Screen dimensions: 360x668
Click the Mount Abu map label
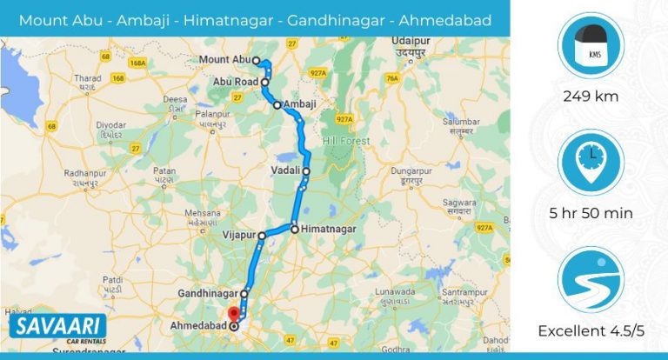tap(224, 59)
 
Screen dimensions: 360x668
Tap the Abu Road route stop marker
tap(264, 82)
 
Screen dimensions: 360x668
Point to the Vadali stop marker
tap(306, 171)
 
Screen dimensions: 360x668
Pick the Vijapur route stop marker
tap(262, 235)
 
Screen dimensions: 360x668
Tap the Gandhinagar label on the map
tap(208, 294)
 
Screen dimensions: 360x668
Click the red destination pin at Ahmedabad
tap(232, 314)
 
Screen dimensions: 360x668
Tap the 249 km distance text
tap(589, 97)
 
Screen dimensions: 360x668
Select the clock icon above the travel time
tap(589, 161)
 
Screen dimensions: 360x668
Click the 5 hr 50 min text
tap(589, 213)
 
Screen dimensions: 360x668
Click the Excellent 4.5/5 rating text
tap(589, 330)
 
